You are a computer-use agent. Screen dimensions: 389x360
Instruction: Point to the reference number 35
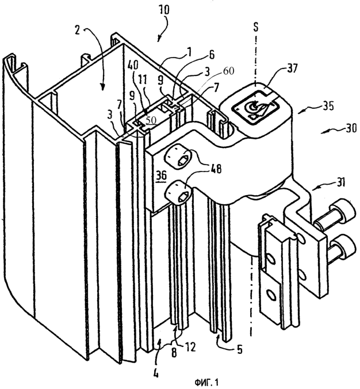pos(327,107)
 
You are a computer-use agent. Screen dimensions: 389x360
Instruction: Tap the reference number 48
pos(215,170)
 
